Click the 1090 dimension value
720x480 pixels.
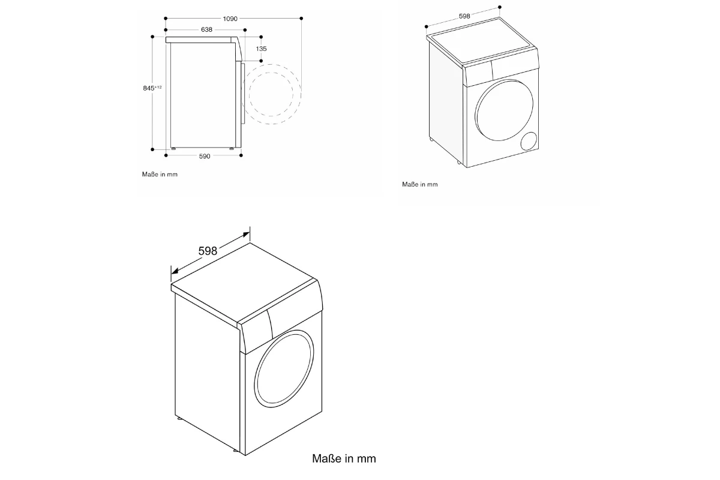[230, 19]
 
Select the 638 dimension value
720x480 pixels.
[206, 29]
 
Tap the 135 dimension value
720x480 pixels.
[262, 49]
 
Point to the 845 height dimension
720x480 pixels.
[152, 88]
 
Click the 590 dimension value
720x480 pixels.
[205, 156]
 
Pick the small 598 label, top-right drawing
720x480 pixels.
[464, 16]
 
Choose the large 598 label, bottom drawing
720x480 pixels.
[208, 251]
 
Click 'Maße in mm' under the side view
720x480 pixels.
[160, 174]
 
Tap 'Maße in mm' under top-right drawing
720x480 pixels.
[420, 184]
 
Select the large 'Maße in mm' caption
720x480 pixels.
[344, 458]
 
